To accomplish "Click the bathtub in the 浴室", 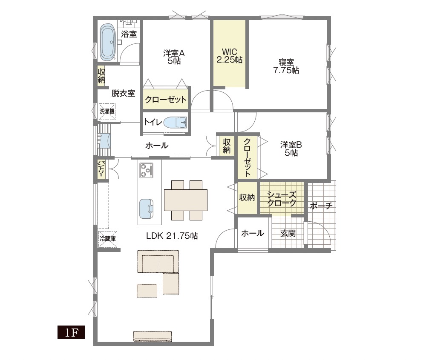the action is coord(107,42).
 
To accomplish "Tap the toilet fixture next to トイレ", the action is coord(175,123).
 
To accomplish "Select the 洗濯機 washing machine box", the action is coord(107,111).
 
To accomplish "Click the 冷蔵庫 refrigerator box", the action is coord(108,239).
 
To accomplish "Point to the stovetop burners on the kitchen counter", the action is coord(146,170).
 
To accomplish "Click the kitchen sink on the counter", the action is coord(147,209).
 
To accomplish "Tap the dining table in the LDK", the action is coord(186,200).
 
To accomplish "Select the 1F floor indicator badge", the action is coord(71,332).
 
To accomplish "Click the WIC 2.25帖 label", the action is coord(230,56).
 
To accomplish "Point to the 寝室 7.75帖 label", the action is coord(286,66).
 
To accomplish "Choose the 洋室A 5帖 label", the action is coord(174,57).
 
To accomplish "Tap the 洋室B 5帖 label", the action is coord(291,149).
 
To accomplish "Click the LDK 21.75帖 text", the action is coord(172,236).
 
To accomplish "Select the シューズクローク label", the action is coord(282,199).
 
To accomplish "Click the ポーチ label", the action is coord(321,206).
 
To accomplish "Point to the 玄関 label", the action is coord(288,233).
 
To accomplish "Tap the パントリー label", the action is coord(102,169).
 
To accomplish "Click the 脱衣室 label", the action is coord(124,93).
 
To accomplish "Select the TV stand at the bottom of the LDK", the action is coord(153,337).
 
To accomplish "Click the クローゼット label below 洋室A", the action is coord(166,100).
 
